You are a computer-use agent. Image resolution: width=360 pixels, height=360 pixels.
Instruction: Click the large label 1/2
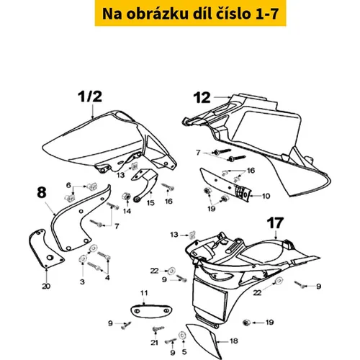point(90,96)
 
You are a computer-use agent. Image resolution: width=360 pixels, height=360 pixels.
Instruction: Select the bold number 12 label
point(202,98)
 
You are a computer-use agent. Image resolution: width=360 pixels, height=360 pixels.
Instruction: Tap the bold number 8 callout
point(42,192)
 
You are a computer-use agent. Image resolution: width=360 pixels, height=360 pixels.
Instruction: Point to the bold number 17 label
point(275,223)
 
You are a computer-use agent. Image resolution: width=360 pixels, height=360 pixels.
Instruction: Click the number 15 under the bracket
point(150,203)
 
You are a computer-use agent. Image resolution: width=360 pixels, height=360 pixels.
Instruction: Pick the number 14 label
point(127,211)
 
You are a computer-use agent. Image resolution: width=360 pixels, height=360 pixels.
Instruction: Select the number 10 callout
point(266,196)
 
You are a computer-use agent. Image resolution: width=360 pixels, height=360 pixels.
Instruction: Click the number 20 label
point(46,286)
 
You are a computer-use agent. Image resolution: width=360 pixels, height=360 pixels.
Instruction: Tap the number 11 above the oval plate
point(144,293)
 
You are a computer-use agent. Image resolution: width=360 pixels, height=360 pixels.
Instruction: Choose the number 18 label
point(234,341)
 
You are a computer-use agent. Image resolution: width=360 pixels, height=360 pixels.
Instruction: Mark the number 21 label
point(154,343)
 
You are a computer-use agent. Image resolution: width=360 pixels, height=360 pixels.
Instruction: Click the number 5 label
point(184,352)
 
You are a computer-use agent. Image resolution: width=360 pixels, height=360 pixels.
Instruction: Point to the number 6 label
point(68,185)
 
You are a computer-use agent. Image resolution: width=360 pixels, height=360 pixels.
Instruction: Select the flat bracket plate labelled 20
point(45,248)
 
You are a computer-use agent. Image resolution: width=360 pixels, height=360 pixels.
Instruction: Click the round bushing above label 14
point(127,197)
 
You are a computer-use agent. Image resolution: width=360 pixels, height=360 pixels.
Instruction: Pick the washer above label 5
point(182,335)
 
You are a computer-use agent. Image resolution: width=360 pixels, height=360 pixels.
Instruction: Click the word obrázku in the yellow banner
point(157,14)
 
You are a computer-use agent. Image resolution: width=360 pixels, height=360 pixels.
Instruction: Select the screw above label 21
point(158,329)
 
